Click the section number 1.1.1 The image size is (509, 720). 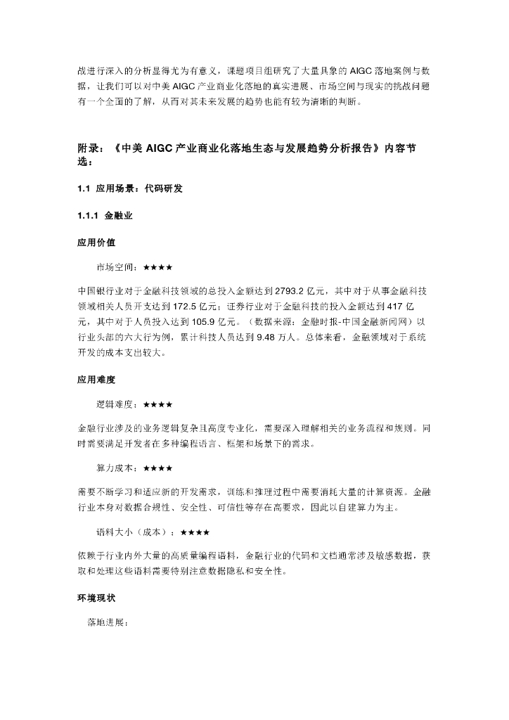(x=88, y=215)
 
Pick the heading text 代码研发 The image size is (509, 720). (x=166, y=188)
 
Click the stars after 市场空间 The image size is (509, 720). (x=158, y=267)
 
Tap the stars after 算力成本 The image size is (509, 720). (x=158, y=468)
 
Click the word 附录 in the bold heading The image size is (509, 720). (x=88, y=149)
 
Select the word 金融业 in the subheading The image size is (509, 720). (x=119, y=215)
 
